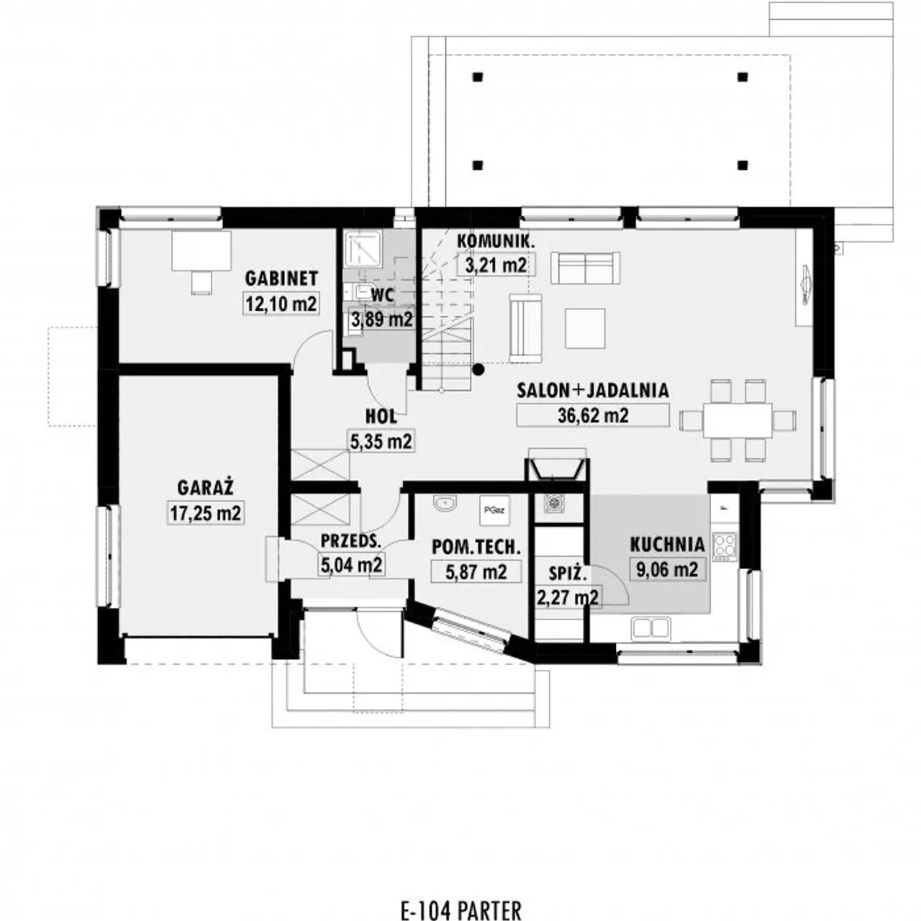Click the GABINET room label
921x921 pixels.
coord(281,278)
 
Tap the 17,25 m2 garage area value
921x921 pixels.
coord(206,513)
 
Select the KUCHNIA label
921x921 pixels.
coord(667,545)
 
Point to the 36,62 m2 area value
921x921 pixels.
coord(593,415)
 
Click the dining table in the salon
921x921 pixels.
coord(738,420)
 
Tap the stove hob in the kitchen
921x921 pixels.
coord(725,548)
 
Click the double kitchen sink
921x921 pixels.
coord(650,628)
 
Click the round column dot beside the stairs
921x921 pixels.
coord(478,369)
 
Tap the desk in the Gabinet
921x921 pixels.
coord(201,251)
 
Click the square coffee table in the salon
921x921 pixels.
coord(584,328)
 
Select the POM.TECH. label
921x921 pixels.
coord(476,548)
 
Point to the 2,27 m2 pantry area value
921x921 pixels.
coord(567,597)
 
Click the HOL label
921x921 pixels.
coord(381,417)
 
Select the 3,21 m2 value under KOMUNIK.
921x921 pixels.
coord(496,265)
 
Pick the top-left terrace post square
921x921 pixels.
coord(478,76)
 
